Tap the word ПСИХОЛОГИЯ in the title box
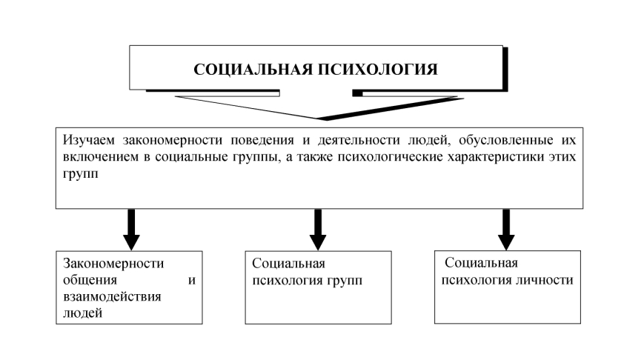[376, 70]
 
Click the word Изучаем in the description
[90, 139]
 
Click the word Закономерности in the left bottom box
[113, 264]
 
